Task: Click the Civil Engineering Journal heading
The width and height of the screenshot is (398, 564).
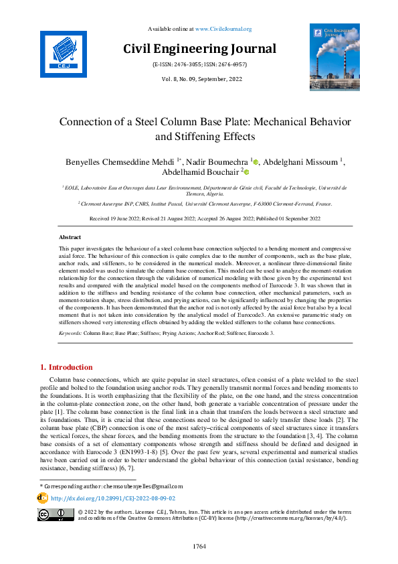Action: pyautogui.click(x=199, y=49)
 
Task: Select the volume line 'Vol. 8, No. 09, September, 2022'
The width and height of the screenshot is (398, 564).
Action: pyautogui.click(x=199, y=79)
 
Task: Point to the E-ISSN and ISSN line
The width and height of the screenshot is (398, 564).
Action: pyautogui.click(x=199, y=65)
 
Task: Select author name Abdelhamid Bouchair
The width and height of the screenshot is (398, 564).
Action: pyautogui.click(x=193, y=172)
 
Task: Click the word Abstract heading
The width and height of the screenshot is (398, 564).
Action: pyautogui.click(x=70, y=237)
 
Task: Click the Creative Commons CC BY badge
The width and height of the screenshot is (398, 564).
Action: pyautogui.click(x=56, y=514)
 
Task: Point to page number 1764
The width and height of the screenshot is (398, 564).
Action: pyautogui.click(x=199, y=547)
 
